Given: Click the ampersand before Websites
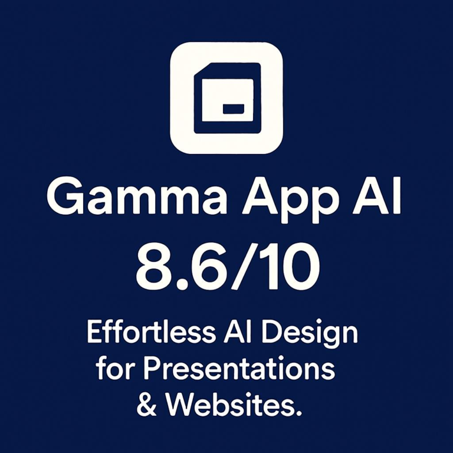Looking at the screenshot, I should [144, 405].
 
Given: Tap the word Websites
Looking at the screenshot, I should [228, 405].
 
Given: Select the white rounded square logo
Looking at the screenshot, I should [226, 97].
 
